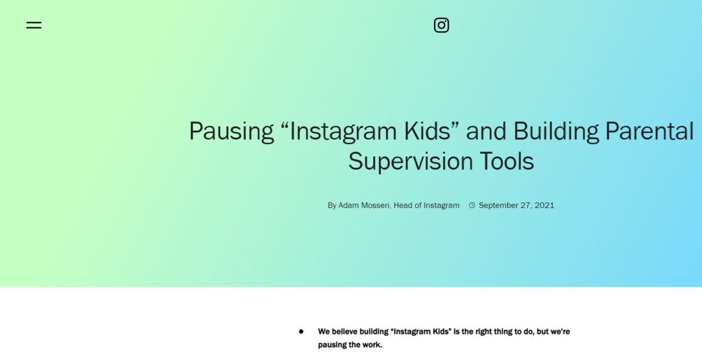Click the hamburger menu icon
click(34, 25)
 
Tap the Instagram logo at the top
click(442, 25)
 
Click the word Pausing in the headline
click(231, 131)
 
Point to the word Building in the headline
click(556, 131)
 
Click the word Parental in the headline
click(649, 131)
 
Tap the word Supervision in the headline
click(410, 161)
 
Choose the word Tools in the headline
click(507, 161)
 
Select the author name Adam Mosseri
click(364, 206)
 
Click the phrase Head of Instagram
click(426, 206)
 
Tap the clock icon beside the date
click(472, 206)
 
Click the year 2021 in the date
click(544, 206)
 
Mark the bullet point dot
click(301, 332)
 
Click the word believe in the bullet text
click(344, 332)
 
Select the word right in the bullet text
click(482, 332)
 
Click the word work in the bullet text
click(372, 345)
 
